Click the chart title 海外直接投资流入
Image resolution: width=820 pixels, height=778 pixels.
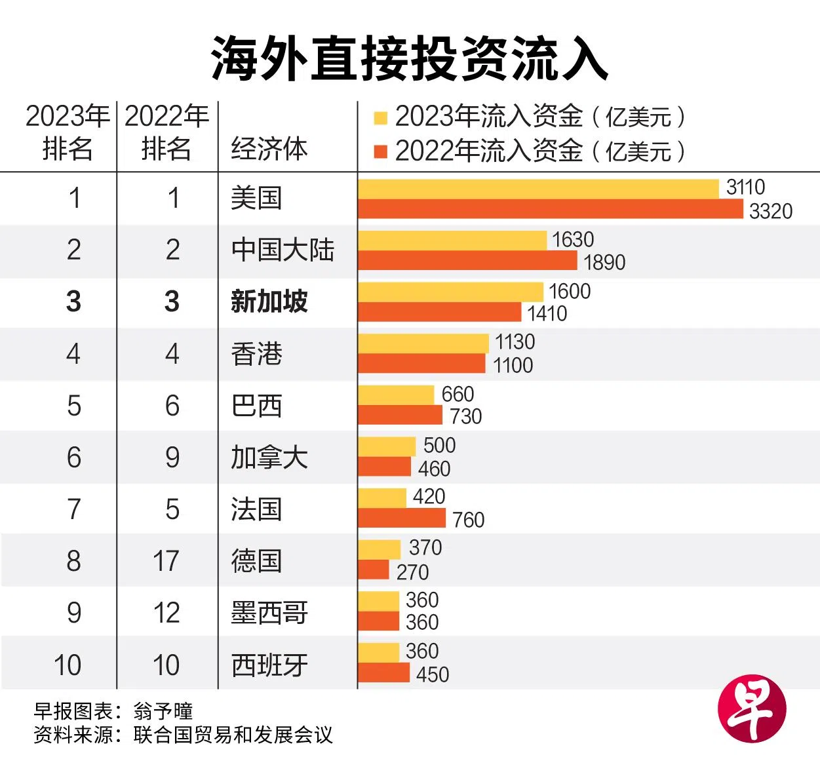tap(410, 58)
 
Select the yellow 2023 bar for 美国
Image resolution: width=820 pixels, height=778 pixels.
tap(538, 188)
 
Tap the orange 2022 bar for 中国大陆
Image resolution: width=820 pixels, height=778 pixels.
tap(467, 261)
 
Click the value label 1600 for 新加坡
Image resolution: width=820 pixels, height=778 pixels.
tap(570, 291)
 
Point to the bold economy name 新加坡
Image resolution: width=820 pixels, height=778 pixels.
tap(269, 301)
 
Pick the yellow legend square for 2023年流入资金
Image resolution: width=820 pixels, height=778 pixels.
tap(380, 119)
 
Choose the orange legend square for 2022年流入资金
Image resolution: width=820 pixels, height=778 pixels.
tap(380, 152)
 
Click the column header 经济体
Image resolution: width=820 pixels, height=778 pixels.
tap(269, 149)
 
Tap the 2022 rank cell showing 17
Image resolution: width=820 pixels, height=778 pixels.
tap(166, 561)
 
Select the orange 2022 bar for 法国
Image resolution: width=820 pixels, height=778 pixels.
tap(402, 518)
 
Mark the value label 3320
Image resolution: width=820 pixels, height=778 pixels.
tap(771, 211)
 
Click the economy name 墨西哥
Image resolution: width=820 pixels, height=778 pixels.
tap(269, 613)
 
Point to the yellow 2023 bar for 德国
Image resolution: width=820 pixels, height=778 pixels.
tap(379, 549)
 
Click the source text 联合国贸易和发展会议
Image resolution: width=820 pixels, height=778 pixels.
tap(233, 735)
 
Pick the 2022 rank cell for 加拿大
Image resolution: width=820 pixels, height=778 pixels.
tap(172, 457)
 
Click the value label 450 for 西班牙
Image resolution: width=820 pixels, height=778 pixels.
tap(433, 674)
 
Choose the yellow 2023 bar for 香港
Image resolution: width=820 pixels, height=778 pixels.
tap(423, 343)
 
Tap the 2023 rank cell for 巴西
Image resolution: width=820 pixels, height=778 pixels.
tap(74, 406)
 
